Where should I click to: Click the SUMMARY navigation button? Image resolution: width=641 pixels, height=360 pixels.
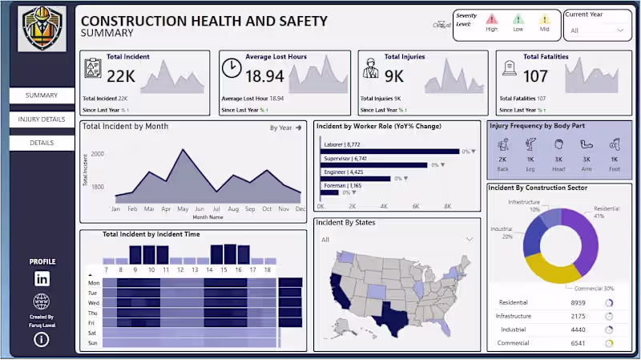click(x=42, y=95)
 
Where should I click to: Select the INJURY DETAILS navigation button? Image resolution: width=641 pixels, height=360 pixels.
click(x=42, y=119)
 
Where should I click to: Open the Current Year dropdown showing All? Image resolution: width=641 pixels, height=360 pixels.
click(x=597, y=30)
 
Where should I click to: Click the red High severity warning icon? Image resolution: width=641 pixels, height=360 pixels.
click(x=492, y=19)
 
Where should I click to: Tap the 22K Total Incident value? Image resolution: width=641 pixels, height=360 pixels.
click(x=121, y=76)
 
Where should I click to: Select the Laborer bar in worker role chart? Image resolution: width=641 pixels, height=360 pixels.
click(x=389, y=151)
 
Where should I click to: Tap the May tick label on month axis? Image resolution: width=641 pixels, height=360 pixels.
click(x=183, y=208)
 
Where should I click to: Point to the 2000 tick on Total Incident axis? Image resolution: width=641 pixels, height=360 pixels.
click(x=97, y=154)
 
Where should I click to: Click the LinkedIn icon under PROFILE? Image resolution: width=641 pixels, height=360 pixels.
click(x=42, y=278)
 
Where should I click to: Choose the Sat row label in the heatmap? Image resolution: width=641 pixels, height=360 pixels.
click(x=94, y=332)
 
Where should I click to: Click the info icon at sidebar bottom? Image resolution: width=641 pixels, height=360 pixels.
click(x=42, y=339)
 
